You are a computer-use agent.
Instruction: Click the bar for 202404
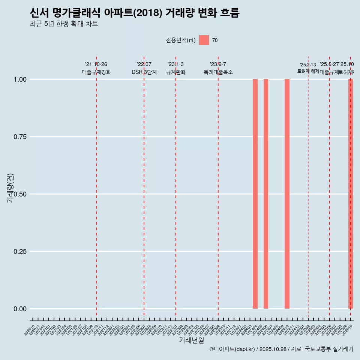click(255, 194)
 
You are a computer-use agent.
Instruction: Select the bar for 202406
click(265, 194)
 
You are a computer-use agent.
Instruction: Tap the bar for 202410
click(287, 194)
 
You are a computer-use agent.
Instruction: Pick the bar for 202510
click(351, 194)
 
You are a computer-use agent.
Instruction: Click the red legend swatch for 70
click(204, 40)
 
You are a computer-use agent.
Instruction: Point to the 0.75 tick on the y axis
click(19, 137)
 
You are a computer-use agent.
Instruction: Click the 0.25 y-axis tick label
click(19, 252)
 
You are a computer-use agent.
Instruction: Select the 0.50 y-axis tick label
click(19, 194)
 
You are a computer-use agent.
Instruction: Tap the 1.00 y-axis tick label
click(19, 79)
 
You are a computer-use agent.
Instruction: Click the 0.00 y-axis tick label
click(19, 309)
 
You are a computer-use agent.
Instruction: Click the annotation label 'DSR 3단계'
click(144, 72)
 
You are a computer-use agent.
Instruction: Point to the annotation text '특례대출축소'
click(218, 72)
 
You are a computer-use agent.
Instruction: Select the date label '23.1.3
click(175, 64)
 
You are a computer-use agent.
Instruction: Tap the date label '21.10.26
click(96, 64)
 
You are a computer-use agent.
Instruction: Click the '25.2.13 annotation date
click(308, 65)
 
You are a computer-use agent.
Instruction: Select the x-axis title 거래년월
click(191, 340)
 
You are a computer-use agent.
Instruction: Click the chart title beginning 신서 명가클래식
click(134, 13)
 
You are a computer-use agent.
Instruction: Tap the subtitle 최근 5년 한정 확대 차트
click(64, 24)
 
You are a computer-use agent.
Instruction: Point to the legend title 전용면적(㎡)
click(180, 40)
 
